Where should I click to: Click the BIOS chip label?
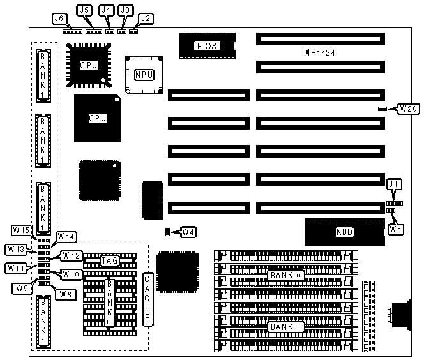[207, 46]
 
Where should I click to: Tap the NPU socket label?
[144, 75]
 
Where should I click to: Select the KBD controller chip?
[345, 232]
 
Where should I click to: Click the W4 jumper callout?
[188, 232]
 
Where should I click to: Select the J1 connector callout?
[396, 185]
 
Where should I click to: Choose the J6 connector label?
[59, 19]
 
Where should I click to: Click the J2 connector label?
[146, 19]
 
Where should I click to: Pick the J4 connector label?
[107, 10]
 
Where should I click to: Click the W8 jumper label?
[64, 294]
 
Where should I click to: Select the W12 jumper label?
[72, 256]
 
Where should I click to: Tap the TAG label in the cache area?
[110, 260]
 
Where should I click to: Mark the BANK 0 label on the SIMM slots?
[281, 275]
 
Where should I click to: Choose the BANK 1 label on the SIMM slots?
[281, 327]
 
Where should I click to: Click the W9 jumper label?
[20, 288]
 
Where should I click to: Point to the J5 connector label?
[84, 10]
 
